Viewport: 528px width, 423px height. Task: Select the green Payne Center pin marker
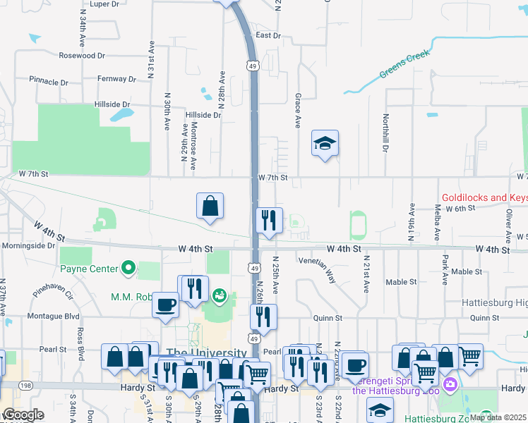click(x=128, y=268)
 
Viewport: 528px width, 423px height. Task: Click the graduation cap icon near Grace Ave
click(x=325, y=144)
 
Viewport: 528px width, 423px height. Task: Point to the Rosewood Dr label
click(x=82, y=55)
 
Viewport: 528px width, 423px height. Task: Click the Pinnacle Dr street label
click(x=49, y=82)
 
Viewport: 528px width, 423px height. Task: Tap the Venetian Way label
click(x=318, y=269)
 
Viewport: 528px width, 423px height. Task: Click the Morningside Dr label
click(x=28, y=246)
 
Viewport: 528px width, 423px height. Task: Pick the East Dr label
click(x=268, y=35)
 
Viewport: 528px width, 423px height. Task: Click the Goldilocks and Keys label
click(x=484, y=198)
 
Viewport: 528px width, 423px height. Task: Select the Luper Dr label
click(x=104, y=4)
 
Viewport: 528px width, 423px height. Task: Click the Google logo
click(x=23, y=415)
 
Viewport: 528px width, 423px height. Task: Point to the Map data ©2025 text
click(x=497, y=417)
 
